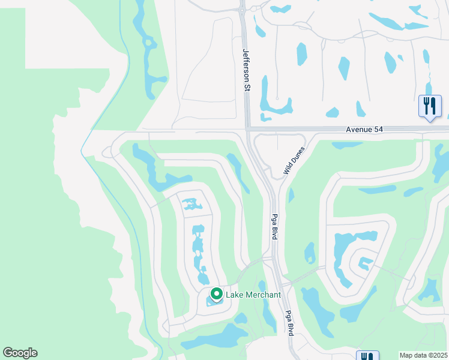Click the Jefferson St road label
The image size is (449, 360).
tap(246, 70)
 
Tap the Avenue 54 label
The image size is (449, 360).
tap(364, 129)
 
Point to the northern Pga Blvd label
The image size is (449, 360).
tap(274, 226)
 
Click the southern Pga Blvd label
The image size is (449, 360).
tap(289, 322)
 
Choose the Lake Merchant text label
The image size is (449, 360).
tap(253, 295)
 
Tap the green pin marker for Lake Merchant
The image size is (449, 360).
tap(216, 295)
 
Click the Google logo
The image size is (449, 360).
tap(20, 353)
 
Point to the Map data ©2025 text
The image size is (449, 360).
tap(423, 355)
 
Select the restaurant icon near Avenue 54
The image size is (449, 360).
tap(430, 106)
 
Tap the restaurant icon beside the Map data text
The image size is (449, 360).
tap(367, 355)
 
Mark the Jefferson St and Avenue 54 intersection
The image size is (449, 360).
tap(247, 128)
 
